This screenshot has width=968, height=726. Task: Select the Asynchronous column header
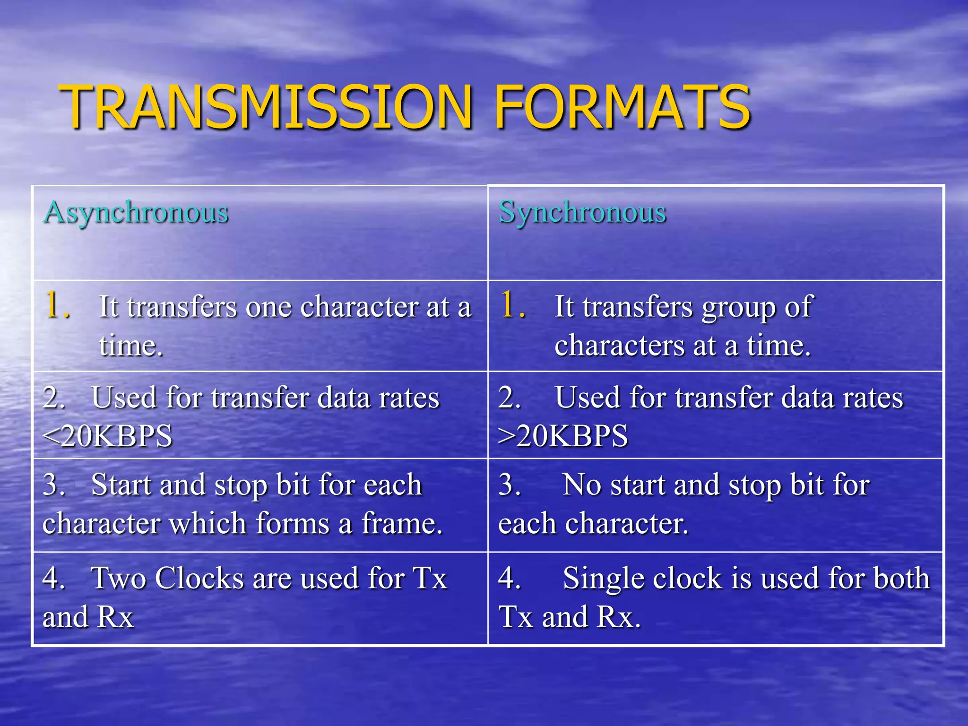coord(136,212)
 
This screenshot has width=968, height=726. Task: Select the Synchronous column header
coord(582,212)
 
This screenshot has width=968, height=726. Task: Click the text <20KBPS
coord(107,436)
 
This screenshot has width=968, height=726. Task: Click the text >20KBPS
coord(563,436)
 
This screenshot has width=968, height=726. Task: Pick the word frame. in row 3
coord(402,524)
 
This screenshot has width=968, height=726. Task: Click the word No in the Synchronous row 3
coord(581,485)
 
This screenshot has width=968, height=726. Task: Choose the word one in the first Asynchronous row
coord(268,307)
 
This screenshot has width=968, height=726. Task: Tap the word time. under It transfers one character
coord(131,346)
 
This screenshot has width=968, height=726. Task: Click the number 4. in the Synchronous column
coord(510,578)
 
